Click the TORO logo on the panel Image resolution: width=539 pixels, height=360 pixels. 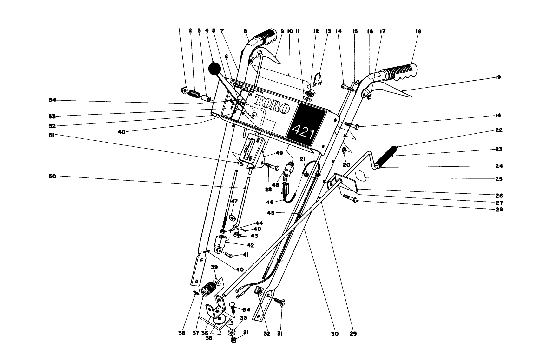[x=272, y=104]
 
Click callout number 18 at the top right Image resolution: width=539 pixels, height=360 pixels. [x=418, y=31]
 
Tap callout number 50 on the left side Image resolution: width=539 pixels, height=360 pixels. [x=52, y=176]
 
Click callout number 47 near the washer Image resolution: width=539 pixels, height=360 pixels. [x=234, y=201]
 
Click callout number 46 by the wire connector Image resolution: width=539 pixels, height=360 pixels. [x=270, y=202]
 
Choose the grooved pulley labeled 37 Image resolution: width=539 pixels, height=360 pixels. [x=209, y=289]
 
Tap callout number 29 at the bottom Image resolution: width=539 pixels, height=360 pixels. [x=353, y=334]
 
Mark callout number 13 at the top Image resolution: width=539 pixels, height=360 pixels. [x=328, y=31]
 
